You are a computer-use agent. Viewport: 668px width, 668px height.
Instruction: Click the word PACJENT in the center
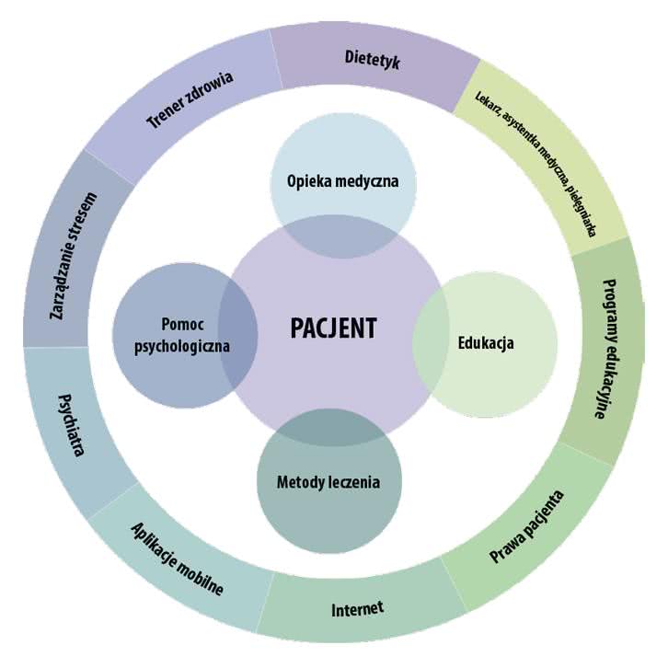point(333,328)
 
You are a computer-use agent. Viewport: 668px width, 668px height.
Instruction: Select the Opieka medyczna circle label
point(342,180)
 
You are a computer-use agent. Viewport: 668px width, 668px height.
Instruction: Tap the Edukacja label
point(485,343)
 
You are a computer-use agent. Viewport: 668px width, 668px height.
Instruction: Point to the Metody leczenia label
point(328,481)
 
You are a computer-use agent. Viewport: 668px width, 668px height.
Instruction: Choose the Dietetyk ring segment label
point(374,59)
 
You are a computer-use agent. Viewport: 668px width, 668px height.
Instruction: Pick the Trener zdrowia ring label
point(190,100)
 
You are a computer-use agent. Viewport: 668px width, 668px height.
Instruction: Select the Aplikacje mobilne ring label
point(177,559)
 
